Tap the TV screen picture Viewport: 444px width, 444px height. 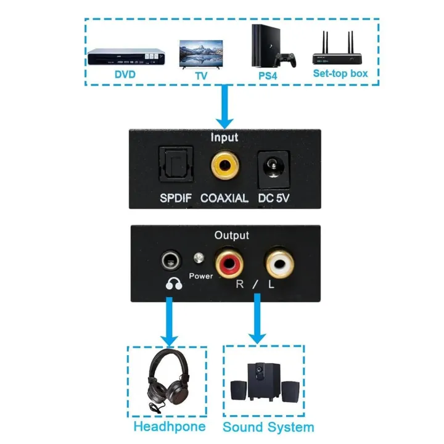(x=200, y=54)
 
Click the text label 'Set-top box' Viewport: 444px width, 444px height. (x=340, y=74)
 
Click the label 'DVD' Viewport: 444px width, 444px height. (x=125, y=75)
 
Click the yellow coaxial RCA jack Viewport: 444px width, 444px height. (x=225, y=165)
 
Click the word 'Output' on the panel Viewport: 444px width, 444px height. (x=231, y=235)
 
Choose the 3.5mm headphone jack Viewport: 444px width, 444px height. (x=171, y=260)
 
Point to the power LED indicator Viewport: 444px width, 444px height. (x=199, y=259)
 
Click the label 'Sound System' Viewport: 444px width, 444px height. (x=268, y=427)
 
